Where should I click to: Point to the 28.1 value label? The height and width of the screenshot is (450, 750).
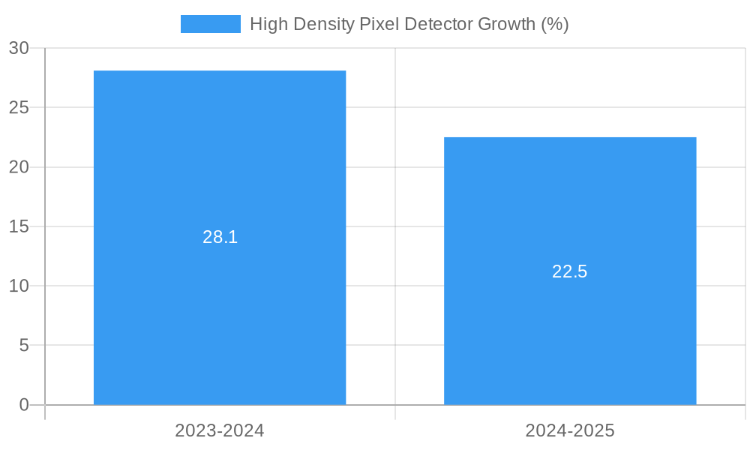[220, 237]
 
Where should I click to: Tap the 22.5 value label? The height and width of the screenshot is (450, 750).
[570, 271]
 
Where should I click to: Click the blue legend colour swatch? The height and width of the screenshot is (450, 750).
[210, 24]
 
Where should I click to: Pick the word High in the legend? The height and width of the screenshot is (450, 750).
[266, 24]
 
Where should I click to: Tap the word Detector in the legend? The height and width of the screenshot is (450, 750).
[433, 24]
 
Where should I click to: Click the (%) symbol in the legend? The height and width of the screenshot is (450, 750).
[555, 24]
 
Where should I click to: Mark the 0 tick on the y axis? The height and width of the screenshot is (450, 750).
[23, 405]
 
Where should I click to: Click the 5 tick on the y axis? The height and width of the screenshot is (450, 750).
[23, 346]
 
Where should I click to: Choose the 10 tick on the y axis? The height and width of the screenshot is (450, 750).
[19, 286]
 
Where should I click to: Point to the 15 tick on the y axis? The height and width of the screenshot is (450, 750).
[19, 226]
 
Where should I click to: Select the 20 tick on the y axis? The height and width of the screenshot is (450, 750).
[19, 167]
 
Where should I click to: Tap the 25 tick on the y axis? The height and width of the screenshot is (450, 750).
[19, 107]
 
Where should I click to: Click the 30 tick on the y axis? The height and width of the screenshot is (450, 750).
[19, 48]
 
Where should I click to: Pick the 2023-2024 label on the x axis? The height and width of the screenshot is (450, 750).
[220, 430]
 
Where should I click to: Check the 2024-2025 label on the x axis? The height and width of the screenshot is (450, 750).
[570, 430]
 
